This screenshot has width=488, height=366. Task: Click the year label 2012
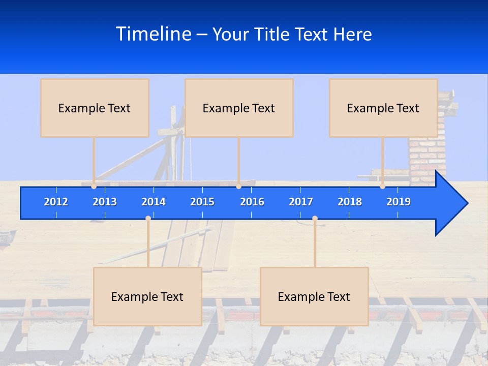(56, 202)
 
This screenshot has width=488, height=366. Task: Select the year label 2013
(105, 202)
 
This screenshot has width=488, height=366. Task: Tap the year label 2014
(154, 202)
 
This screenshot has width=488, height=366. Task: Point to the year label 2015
(202, 202)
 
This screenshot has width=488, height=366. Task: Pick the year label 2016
(252, 202)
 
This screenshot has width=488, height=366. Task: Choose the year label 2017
(301, 202)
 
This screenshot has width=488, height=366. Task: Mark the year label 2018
(350, 202)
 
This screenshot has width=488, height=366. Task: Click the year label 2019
(399, 202)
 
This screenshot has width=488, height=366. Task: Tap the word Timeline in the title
(154, 34)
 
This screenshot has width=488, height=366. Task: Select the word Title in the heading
(273, 35)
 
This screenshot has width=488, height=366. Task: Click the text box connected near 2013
(95, 108)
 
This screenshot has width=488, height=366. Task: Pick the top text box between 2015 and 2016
(239, 108)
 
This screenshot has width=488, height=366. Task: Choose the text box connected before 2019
(383, 108)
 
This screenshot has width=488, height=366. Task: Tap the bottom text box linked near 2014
(147, 296)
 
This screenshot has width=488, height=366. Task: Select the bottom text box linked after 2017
(314, 296)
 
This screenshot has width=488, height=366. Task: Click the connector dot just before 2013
(94, 187)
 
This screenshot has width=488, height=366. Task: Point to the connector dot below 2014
(148, 219)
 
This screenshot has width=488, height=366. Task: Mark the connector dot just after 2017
(315, 219)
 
